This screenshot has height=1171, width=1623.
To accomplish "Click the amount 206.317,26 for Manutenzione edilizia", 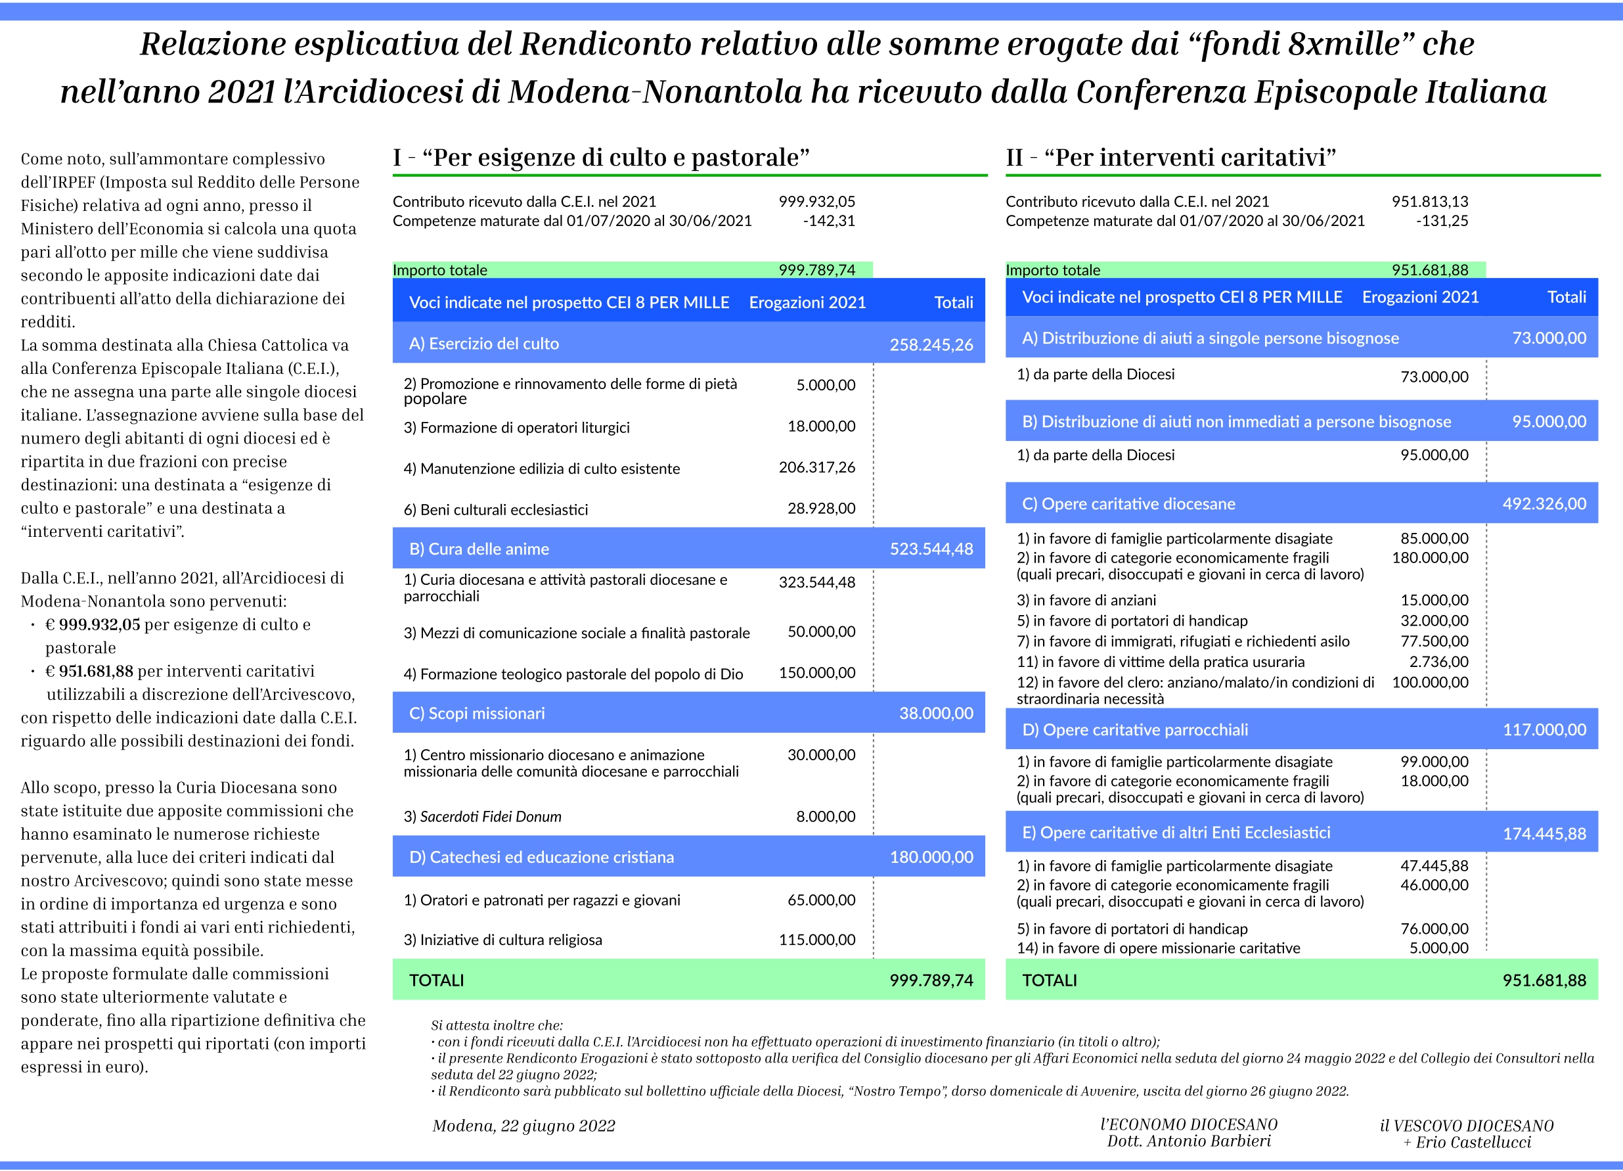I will (x=816, y=467).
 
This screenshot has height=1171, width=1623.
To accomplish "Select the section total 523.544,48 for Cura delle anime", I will (x=931, y=549).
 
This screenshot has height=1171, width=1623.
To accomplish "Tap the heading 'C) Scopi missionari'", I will (x=477, y=713).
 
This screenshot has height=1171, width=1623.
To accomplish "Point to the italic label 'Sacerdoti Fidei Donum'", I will (x=490, y=817).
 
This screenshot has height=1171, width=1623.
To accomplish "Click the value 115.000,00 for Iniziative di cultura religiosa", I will (x=816, y=940).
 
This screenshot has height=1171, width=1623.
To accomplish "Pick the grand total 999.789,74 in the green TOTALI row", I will (x=931, y=980).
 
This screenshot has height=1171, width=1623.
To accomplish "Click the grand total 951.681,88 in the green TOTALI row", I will (x=1544, y=980).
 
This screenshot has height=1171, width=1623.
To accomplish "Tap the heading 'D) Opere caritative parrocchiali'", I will (x=1135, y=730).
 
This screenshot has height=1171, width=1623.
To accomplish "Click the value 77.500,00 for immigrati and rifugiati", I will (x=1434, y=641).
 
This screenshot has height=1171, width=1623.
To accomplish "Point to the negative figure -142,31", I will (x=829, y=221).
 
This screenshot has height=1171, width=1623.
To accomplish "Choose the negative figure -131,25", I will (x=1442, y=221).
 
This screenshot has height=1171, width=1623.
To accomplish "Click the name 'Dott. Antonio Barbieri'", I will (x=1189, y=1141).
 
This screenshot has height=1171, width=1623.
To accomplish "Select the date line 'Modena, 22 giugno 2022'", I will (x=524, y=1126).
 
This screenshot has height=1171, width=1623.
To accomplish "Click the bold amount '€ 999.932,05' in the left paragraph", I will (x=93, y=625).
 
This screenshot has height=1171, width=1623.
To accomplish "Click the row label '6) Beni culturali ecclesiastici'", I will (x=495, y=510).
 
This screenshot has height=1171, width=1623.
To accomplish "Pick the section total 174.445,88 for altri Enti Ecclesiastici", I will (x=1544, y=834).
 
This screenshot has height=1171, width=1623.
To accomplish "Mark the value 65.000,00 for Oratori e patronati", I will (x=821, y=900).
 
